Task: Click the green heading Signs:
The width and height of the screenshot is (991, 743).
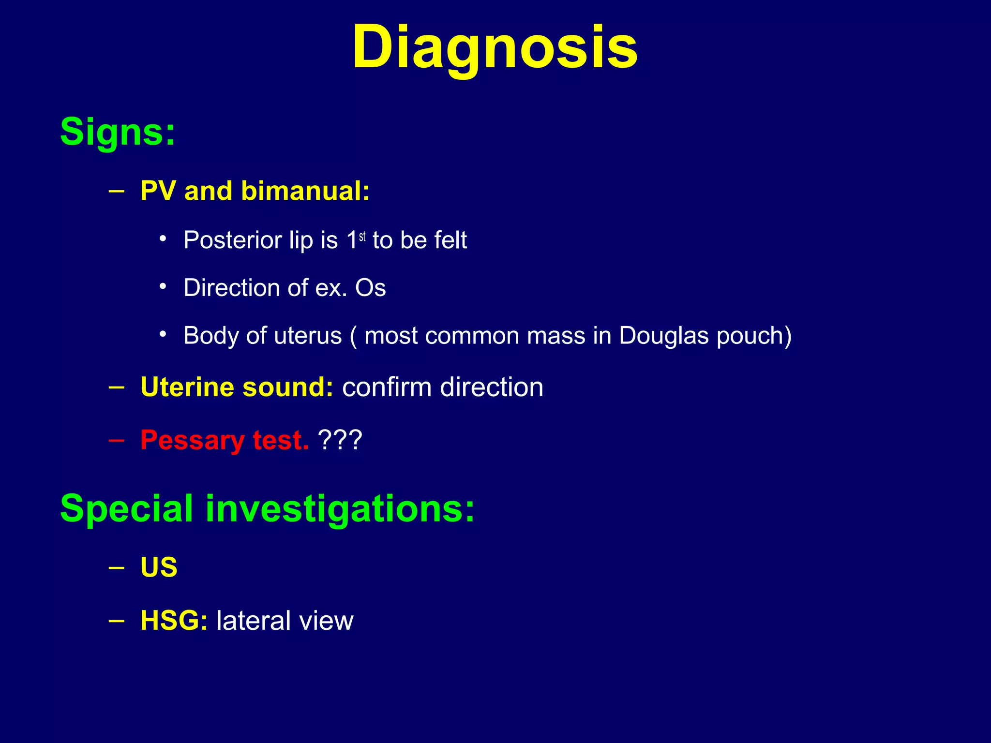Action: [x=118, y=132]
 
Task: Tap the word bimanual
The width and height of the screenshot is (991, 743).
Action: [x=305, y=191]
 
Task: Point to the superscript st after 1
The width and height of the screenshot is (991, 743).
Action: [x=362, y=237]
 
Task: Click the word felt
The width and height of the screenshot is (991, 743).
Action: [x=450, y=240]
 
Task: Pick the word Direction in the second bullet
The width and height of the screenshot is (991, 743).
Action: [x=232, y=288]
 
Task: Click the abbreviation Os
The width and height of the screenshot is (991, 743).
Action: [x=370, y=288]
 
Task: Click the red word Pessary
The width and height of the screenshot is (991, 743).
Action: [x=192, y=441]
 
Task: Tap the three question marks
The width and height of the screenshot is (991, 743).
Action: [x=340, y=441]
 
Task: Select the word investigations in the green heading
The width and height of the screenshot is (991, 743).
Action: [x=340, y=509]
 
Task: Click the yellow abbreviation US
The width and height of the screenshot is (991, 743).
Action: [x=159, y=567]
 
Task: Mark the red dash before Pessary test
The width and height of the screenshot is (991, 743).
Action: [x=116, y=440]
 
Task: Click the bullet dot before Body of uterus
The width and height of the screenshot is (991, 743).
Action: [x=163, y=334]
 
